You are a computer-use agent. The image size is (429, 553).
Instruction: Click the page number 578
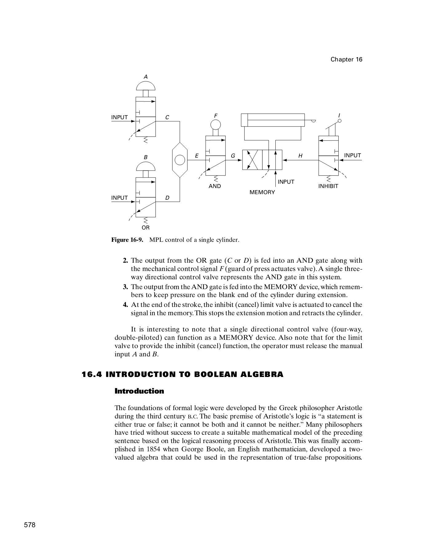[30, 525]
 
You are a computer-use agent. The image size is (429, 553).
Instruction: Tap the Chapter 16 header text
[346, 60]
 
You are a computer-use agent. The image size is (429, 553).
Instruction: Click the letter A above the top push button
[146, 76]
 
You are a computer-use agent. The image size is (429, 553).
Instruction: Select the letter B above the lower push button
[146, 157]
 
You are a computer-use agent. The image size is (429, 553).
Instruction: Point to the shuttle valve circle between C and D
[180, 160]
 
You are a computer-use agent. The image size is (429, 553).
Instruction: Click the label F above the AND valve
[216, 116]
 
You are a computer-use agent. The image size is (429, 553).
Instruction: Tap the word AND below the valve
[214, 186]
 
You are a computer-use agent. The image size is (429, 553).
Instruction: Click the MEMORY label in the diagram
[262, 192]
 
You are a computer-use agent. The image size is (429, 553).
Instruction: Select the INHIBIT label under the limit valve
[328, 186]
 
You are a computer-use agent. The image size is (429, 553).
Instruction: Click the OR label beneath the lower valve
[146, 228]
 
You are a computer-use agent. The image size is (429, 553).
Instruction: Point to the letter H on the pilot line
[301, 156]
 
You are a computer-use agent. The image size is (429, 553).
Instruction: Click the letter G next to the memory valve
[233, 156]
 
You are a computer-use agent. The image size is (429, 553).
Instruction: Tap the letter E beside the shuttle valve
[197, 156]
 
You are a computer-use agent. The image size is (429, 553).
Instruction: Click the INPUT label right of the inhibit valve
[352, 155]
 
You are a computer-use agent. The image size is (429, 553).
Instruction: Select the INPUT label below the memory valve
[286, 182]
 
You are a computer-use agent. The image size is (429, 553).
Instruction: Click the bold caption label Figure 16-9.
[127, 240]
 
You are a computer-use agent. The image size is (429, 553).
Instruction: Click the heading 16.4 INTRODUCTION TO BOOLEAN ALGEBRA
[183, 375]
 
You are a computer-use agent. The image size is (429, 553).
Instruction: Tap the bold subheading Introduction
[139, 391]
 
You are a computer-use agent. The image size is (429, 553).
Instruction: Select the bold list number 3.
[125, 287]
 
